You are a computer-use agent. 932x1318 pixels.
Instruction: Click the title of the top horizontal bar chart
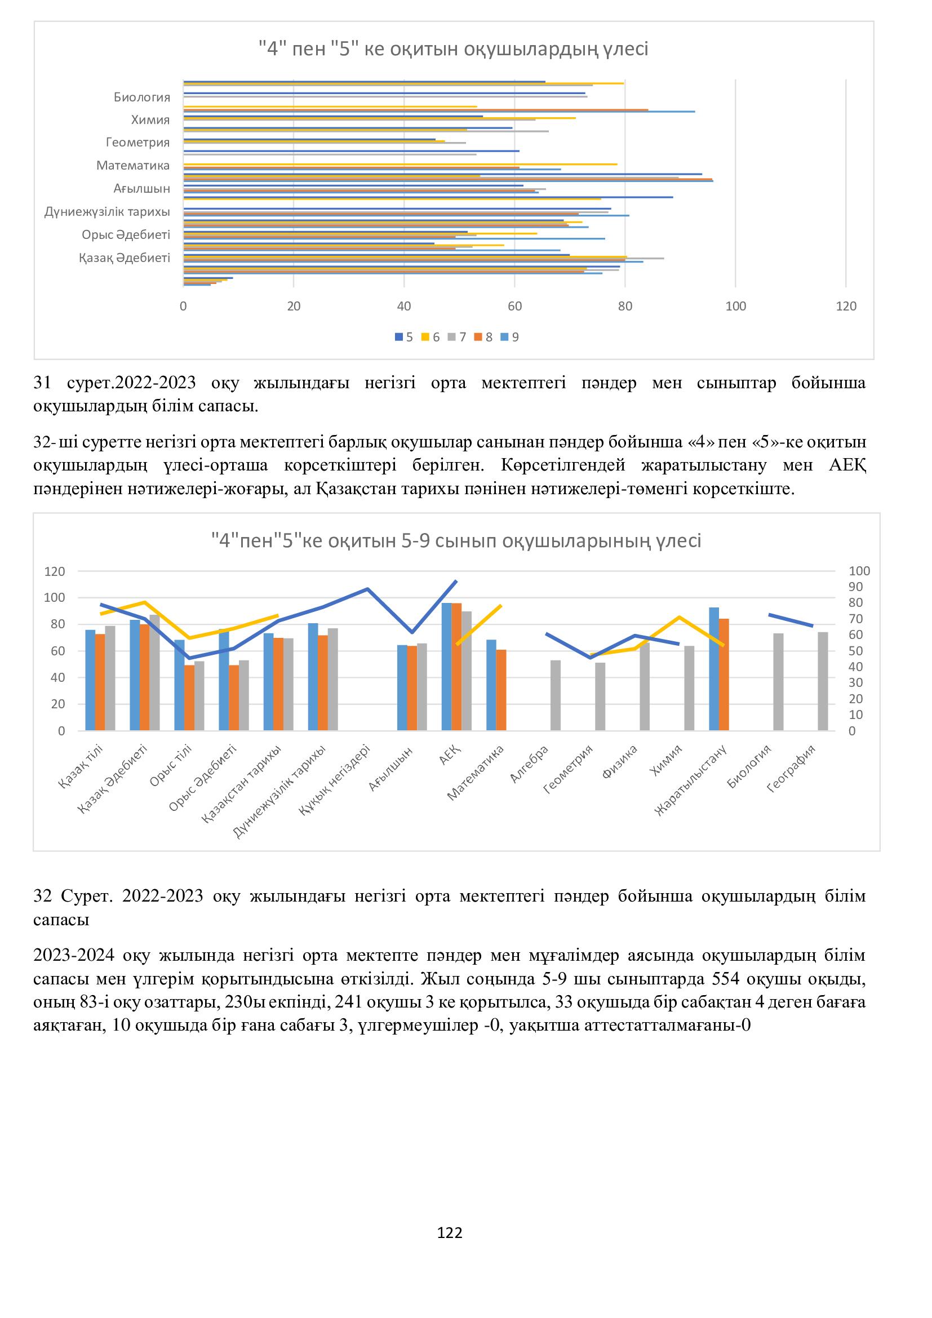click(454, 50)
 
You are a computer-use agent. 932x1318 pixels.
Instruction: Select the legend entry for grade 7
click(459, 338)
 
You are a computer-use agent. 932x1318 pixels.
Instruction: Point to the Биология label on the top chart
click(142, 97)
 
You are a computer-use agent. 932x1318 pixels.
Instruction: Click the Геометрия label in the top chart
click(137, 143)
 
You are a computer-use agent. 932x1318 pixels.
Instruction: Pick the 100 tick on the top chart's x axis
click(736, 307)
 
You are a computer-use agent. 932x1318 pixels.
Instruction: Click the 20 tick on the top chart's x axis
click(294, 307)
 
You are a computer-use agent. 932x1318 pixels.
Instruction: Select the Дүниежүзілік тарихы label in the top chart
click(107, 212)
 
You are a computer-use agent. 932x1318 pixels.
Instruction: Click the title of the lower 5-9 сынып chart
click(456, 541)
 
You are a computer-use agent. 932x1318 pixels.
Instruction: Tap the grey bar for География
click(823, 681)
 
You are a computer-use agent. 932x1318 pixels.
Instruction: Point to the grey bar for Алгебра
click(556, 695)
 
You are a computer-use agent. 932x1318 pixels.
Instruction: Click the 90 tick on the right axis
click(859, 587)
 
